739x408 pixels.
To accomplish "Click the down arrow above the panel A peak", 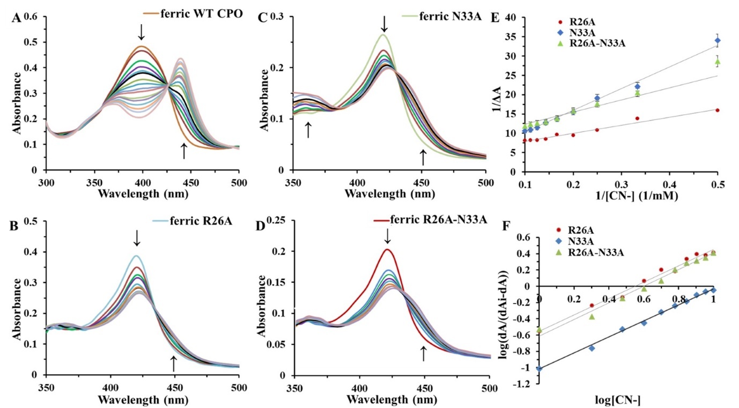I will (x=141, y=32).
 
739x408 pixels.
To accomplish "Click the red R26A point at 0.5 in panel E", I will (x=718, y=110).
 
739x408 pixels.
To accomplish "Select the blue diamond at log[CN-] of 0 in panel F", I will (x=539, y=368).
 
